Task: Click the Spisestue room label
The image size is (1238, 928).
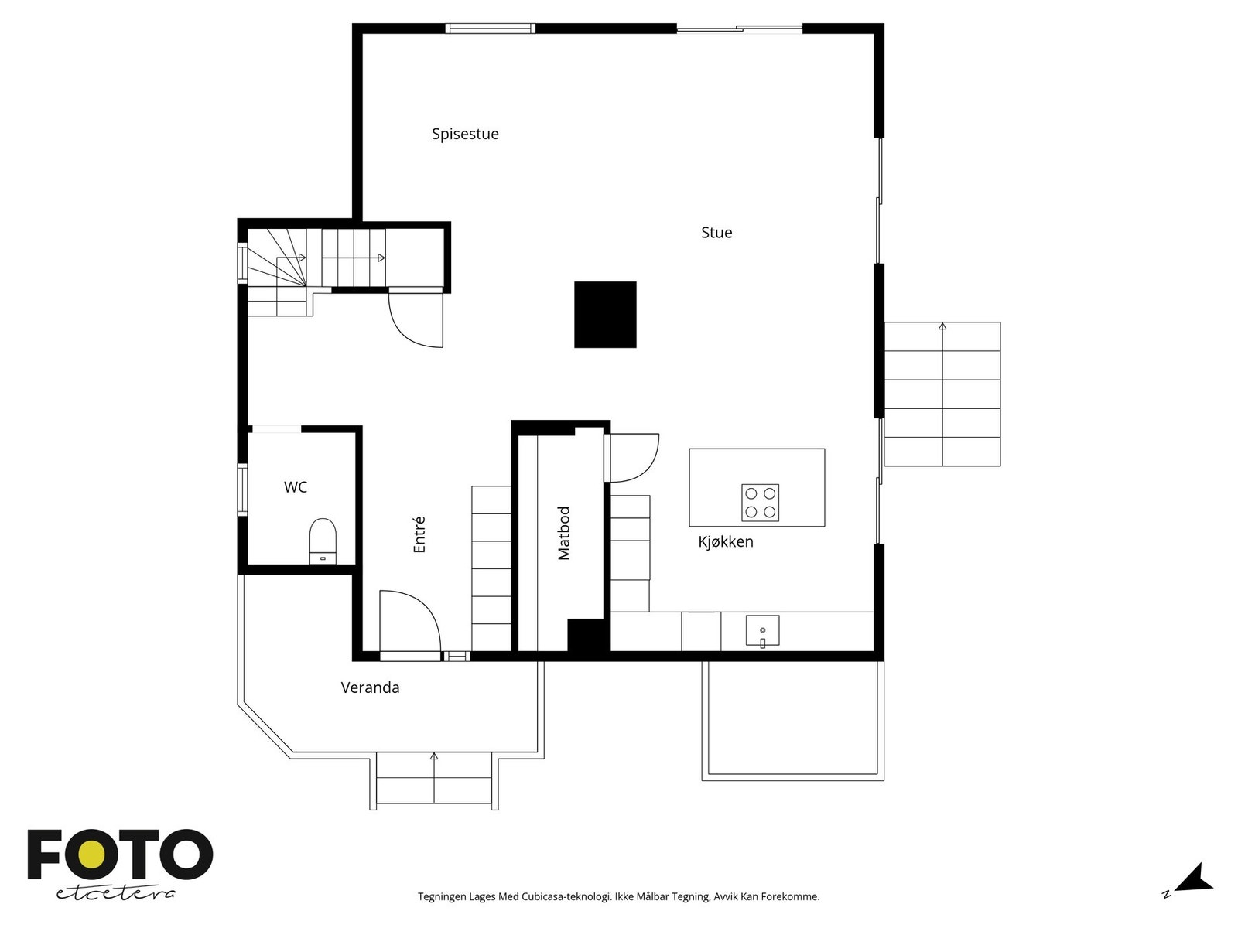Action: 465,134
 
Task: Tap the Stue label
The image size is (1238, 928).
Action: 716,232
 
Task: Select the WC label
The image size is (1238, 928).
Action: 296,487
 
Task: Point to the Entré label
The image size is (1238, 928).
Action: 419,534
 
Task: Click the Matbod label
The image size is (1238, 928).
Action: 564,533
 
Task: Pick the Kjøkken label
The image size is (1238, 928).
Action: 725,541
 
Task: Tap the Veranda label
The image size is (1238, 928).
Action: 370,687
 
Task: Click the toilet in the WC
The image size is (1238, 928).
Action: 323,541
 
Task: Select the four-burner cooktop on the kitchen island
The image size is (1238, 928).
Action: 760,503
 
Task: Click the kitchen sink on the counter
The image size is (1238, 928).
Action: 763,630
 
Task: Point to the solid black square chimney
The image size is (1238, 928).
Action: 605,315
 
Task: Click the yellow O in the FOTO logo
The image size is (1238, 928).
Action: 91,855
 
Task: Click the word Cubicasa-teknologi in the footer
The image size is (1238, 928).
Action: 566,896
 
